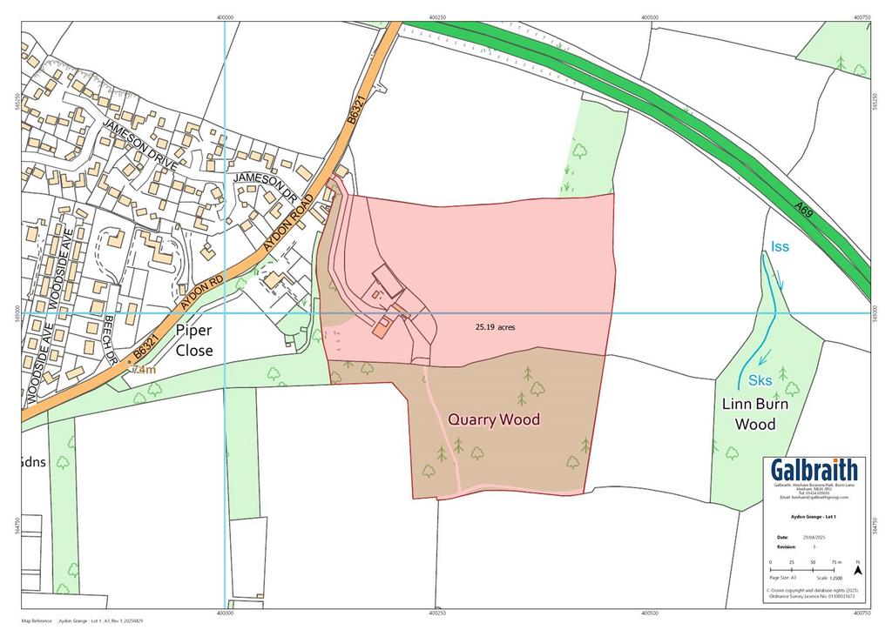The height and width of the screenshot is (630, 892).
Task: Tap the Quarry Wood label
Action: point(494,420)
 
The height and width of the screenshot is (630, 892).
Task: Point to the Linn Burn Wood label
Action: point(754,415)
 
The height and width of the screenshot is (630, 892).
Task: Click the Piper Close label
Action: point(194,341)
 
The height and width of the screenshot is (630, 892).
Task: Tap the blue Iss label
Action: point(780,247)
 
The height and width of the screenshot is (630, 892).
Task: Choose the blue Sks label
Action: point(760,380)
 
